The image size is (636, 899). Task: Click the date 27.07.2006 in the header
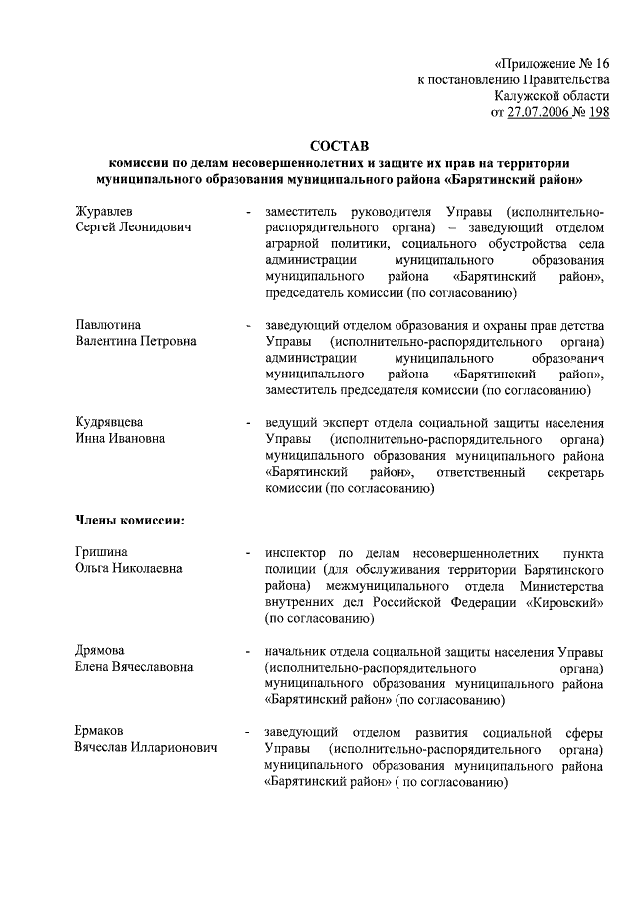541,113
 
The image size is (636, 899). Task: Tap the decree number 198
598,113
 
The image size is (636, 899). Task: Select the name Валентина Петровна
135,341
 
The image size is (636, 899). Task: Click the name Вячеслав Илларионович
146,747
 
